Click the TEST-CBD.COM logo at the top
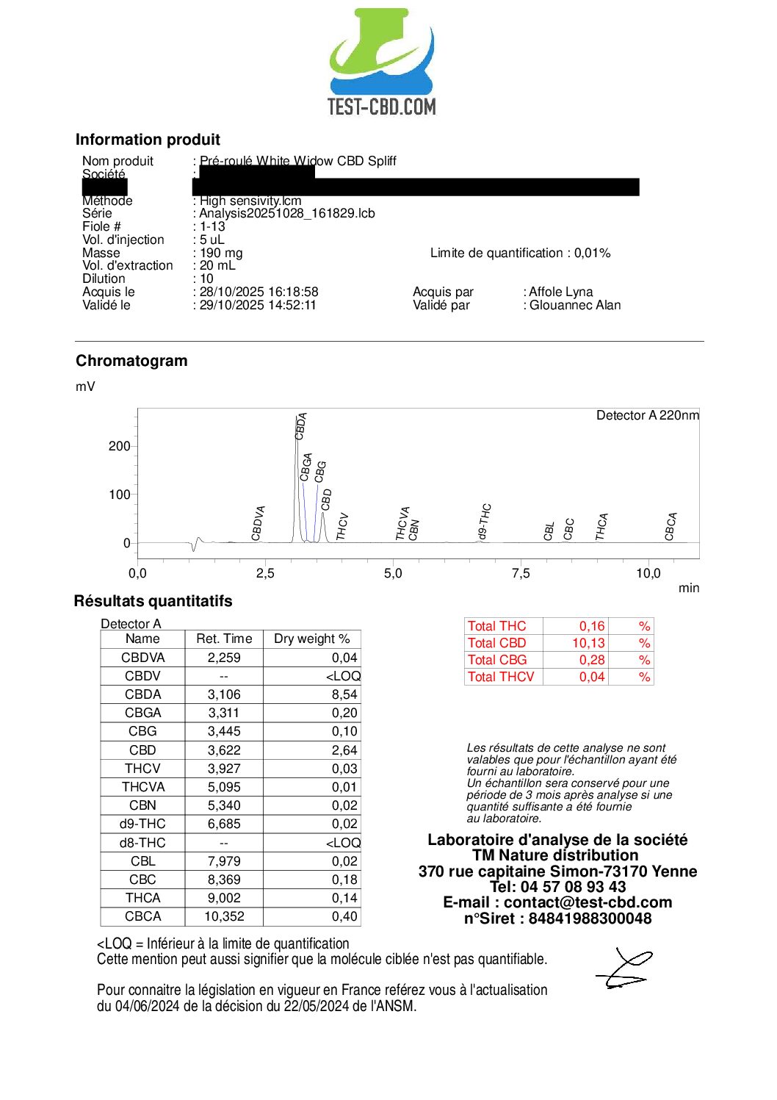[x=381, y=62]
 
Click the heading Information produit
[x=148, y=140]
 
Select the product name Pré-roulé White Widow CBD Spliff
[x=297, y=161]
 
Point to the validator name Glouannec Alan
[x=575, y=305]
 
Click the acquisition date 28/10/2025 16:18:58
[x=259, y=292]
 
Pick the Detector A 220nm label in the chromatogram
[x=647, y=415]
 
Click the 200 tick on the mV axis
[x=119, y=446]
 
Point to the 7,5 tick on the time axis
[x=521, y=573]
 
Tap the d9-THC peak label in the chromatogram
[x=485, y=522]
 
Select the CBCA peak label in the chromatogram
[x=671, y=526]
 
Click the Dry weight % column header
[x=311, y=639]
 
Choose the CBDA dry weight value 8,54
[x=344, y=694]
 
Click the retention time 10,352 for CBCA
[x=224, y=916]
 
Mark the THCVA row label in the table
[x=142, y=787]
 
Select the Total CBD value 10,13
[x=588, y=643]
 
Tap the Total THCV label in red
[x=501, y=677]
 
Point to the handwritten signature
[x=624, y=968]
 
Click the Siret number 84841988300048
[x=590, y=919]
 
